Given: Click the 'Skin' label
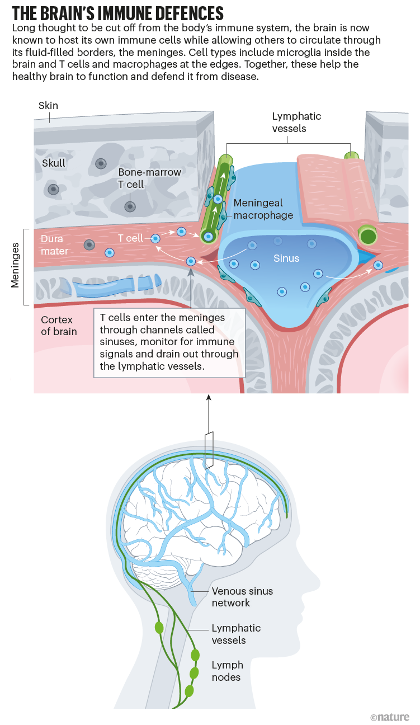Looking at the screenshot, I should [48, 106].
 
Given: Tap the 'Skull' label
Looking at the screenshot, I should [54, 163].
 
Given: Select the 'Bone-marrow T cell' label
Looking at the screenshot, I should [149, 178].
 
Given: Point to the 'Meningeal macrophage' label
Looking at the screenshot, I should [263, 209].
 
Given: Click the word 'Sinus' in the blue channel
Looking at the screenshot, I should [286, 258].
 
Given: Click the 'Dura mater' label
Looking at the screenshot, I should [55, 244].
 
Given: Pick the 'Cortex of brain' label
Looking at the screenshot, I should [59, 326].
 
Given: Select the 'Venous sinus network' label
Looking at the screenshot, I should [242, 597].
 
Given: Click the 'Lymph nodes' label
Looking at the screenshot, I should [227, 671].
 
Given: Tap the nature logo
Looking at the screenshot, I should [389, 717].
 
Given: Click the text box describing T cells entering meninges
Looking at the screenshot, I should [169, 342].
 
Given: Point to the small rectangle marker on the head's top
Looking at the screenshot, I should [209, 450].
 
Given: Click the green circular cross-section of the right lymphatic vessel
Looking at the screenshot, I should [369, 236].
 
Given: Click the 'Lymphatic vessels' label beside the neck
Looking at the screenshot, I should [236, 634].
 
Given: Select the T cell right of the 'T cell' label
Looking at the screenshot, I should [157, 239].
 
